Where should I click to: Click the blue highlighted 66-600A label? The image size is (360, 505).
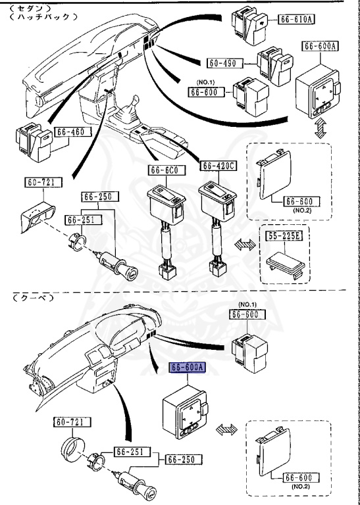tap(188, 368)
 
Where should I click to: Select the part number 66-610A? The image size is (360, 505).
tap(296, 20)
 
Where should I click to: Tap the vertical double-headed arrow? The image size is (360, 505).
tap(321, 128)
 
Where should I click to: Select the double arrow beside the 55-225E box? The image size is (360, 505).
tap(245, 245)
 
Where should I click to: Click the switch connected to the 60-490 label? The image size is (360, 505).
tap(275, 66)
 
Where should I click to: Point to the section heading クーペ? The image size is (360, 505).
tap(33, 299)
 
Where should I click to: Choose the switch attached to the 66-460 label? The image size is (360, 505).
tap(34, 142)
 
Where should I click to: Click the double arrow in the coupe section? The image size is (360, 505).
tap(226, 429)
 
